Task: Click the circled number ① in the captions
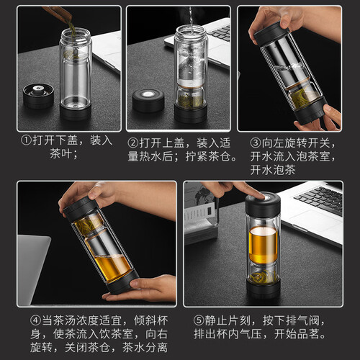26,140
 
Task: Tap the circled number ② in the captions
133,143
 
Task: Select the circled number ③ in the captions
256,143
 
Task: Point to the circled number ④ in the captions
36,320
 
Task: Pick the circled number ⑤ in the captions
199,320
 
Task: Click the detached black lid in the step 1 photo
39,96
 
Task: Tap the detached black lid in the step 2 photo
148,100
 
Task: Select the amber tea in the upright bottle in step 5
263,245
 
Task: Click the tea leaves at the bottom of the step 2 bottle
191,102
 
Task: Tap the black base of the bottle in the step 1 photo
76,112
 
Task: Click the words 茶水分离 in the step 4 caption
145,348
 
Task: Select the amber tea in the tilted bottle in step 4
112,266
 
